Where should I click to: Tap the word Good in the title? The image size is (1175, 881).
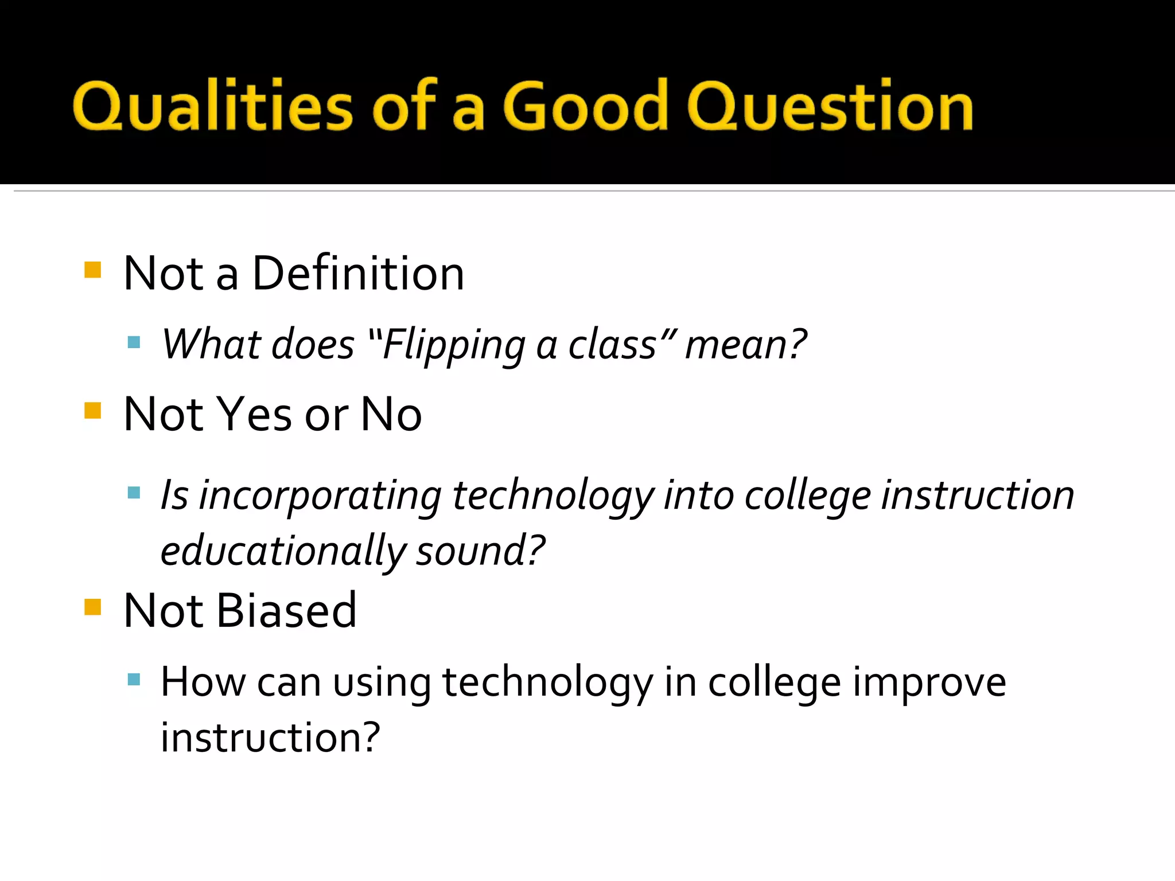pyautogui.click(x=586, y=106)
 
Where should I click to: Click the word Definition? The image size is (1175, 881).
pyautogui.click(x=358, y=274)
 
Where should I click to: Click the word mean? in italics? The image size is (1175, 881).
pyautogui.click(x=746, y=345)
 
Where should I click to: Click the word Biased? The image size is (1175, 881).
pyautogui.click(x=286, y=610)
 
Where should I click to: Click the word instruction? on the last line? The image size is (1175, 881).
pyautogui.click(x=270, y=738)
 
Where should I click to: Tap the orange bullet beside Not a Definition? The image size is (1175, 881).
pyautogui.click(x=92, y=270)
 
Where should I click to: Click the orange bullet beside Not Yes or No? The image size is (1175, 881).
pyautogui.click(x=92, y=411)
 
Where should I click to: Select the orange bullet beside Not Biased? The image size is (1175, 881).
pyautogui.click(x=92, y=607)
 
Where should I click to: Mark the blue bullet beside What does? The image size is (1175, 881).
pyautogui.click(x=134, y=343)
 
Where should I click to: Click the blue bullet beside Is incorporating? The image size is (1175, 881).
pyautogui.click(x=134, y=493)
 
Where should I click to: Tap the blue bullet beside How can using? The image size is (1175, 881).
pyautogui.click(x=134, y=680)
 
